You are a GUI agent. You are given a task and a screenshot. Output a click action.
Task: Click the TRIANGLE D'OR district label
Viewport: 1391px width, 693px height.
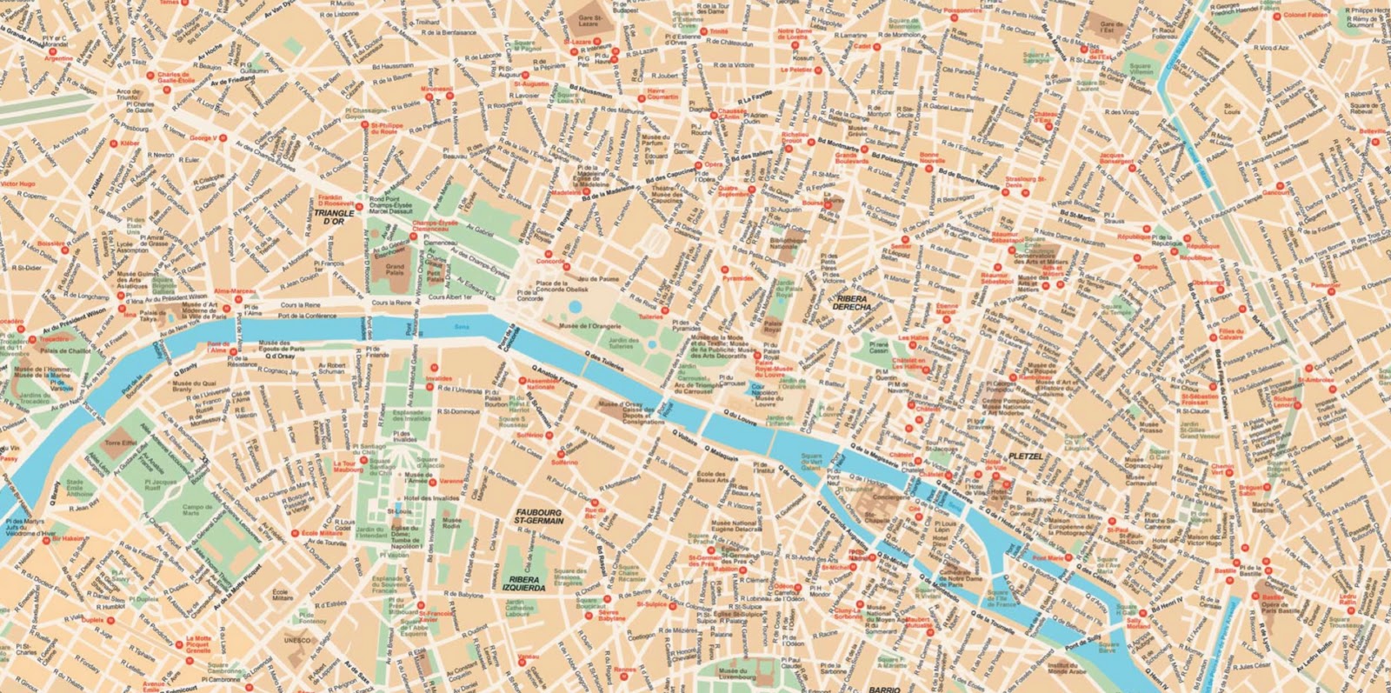pos(334,217)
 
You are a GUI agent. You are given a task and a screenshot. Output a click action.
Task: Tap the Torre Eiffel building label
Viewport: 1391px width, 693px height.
pos(121,443)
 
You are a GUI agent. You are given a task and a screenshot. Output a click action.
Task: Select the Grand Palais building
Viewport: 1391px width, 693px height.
pos(396,271)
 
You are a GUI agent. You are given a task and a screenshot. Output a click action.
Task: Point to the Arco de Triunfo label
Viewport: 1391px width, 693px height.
pos(128,95)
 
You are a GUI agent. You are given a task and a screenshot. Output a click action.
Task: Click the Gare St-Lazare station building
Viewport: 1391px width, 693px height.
pos(590,20)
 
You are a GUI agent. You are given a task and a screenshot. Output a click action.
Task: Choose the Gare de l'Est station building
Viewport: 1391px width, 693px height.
pos(1110,29)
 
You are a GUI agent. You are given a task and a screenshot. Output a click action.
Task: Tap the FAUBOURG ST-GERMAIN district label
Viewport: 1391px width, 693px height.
pos(539,516)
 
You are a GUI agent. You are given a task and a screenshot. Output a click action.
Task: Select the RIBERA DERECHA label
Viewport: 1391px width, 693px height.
pos(851,302)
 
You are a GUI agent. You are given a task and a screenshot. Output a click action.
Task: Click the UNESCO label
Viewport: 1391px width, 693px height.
pos(296,640)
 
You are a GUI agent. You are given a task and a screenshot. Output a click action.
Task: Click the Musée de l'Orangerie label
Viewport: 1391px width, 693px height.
pos(589,326)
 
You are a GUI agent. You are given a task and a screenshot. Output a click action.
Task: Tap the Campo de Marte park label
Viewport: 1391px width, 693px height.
pos(197,510)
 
